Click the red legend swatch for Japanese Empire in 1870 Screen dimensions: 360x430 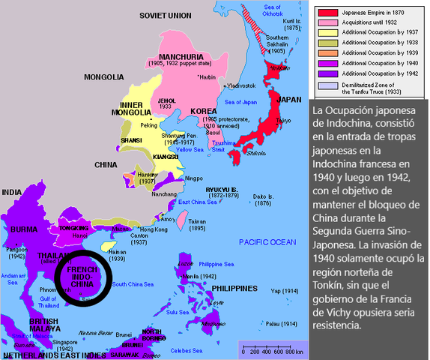click(x=327, y=13)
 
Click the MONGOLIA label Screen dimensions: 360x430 click(x=104, y=77)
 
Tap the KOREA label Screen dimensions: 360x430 click(x=204, y=111)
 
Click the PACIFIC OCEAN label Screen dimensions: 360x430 click(x=269, y=241)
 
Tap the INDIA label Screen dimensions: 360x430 click(x=12, y=193)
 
